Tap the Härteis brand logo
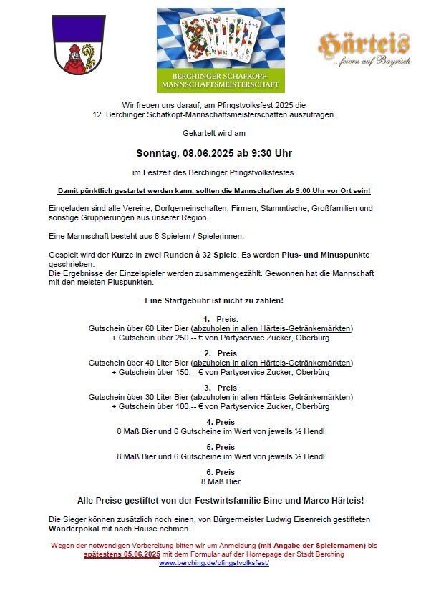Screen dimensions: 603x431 364,48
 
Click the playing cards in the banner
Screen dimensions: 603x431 221,38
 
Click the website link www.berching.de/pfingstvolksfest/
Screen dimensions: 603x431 213,563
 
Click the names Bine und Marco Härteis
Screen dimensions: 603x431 314,500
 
